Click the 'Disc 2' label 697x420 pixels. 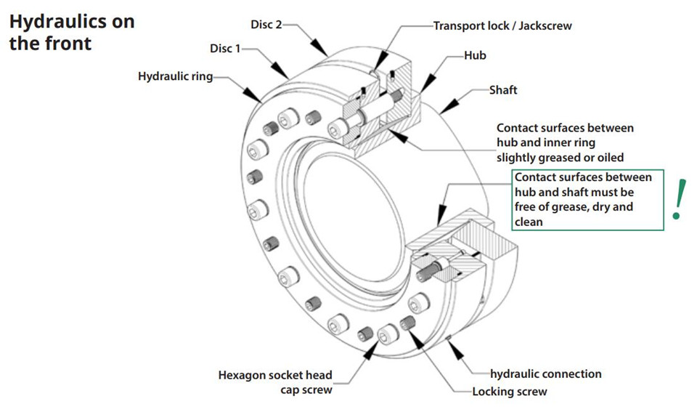(266, 25)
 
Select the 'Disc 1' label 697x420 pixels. (225, 49)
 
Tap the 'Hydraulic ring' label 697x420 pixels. (175, 76)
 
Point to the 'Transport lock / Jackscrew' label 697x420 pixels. (502, 26)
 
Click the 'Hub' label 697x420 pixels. (475, 56)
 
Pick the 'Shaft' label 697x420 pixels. (503, 90)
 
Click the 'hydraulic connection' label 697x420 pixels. (546, 374)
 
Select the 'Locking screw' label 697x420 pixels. (510, 392)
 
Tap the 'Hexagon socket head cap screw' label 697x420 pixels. (275, 382)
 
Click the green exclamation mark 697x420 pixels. (679, 200)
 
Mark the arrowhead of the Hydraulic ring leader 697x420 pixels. (253, 94)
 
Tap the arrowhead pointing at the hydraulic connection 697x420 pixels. (455, 350)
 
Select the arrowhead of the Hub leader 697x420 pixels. (428, 84)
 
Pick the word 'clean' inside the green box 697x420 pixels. (529, 222)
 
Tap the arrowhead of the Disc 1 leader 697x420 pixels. (281, 70)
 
